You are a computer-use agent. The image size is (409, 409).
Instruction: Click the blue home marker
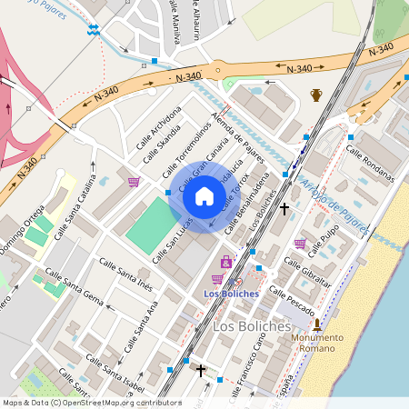pos(204,196)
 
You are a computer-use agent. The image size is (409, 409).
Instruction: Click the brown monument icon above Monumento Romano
pos(317,324)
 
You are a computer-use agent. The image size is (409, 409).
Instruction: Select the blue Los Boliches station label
pos(231,294)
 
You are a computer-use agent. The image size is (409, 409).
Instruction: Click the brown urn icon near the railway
pos(316,95)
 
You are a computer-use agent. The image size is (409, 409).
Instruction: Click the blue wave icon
pos(93,29)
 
